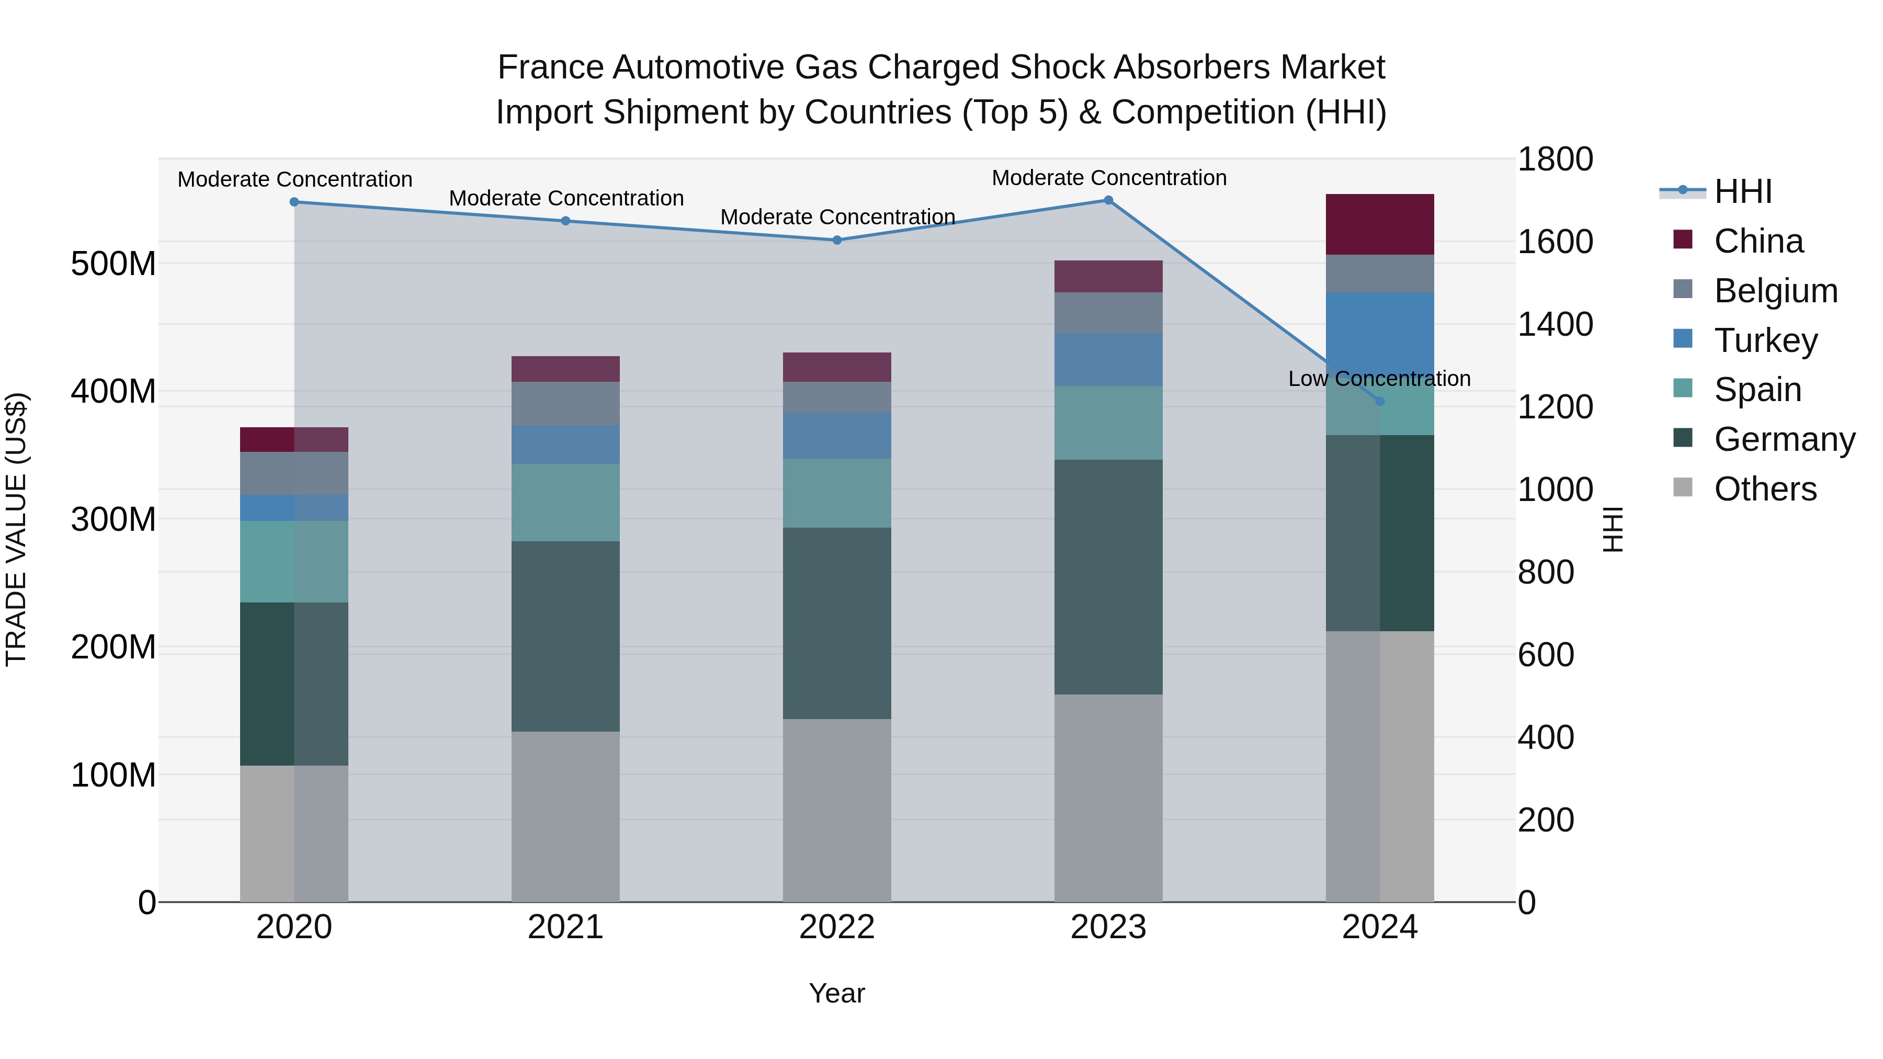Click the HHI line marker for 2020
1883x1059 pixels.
294,202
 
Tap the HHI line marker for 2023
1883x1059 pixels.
1108,200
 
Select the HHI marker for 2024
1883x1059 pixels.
1380,401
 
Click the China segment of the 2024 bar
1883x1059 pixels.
1380,224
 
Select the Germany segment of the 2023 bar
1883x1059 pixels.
1108,577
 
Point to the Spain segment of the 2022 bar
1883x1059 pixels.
837,493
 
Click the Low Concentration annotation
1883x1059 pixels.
1379,379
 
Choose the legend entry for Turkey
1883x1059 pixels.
1765,340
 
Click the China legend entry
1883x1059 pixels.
1758,241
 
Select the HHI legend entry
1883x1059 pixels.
1743,191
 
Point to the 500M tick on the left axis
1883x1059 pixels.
114,264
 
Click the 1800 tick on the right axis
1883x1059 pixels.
1556,160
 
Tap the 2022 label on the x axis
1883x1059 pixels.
837,927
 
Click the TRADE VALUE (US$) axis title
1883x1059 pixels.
16,529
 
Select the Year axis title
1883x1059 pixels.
837,993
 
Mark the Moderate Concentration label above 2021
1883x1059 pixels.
566,198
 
